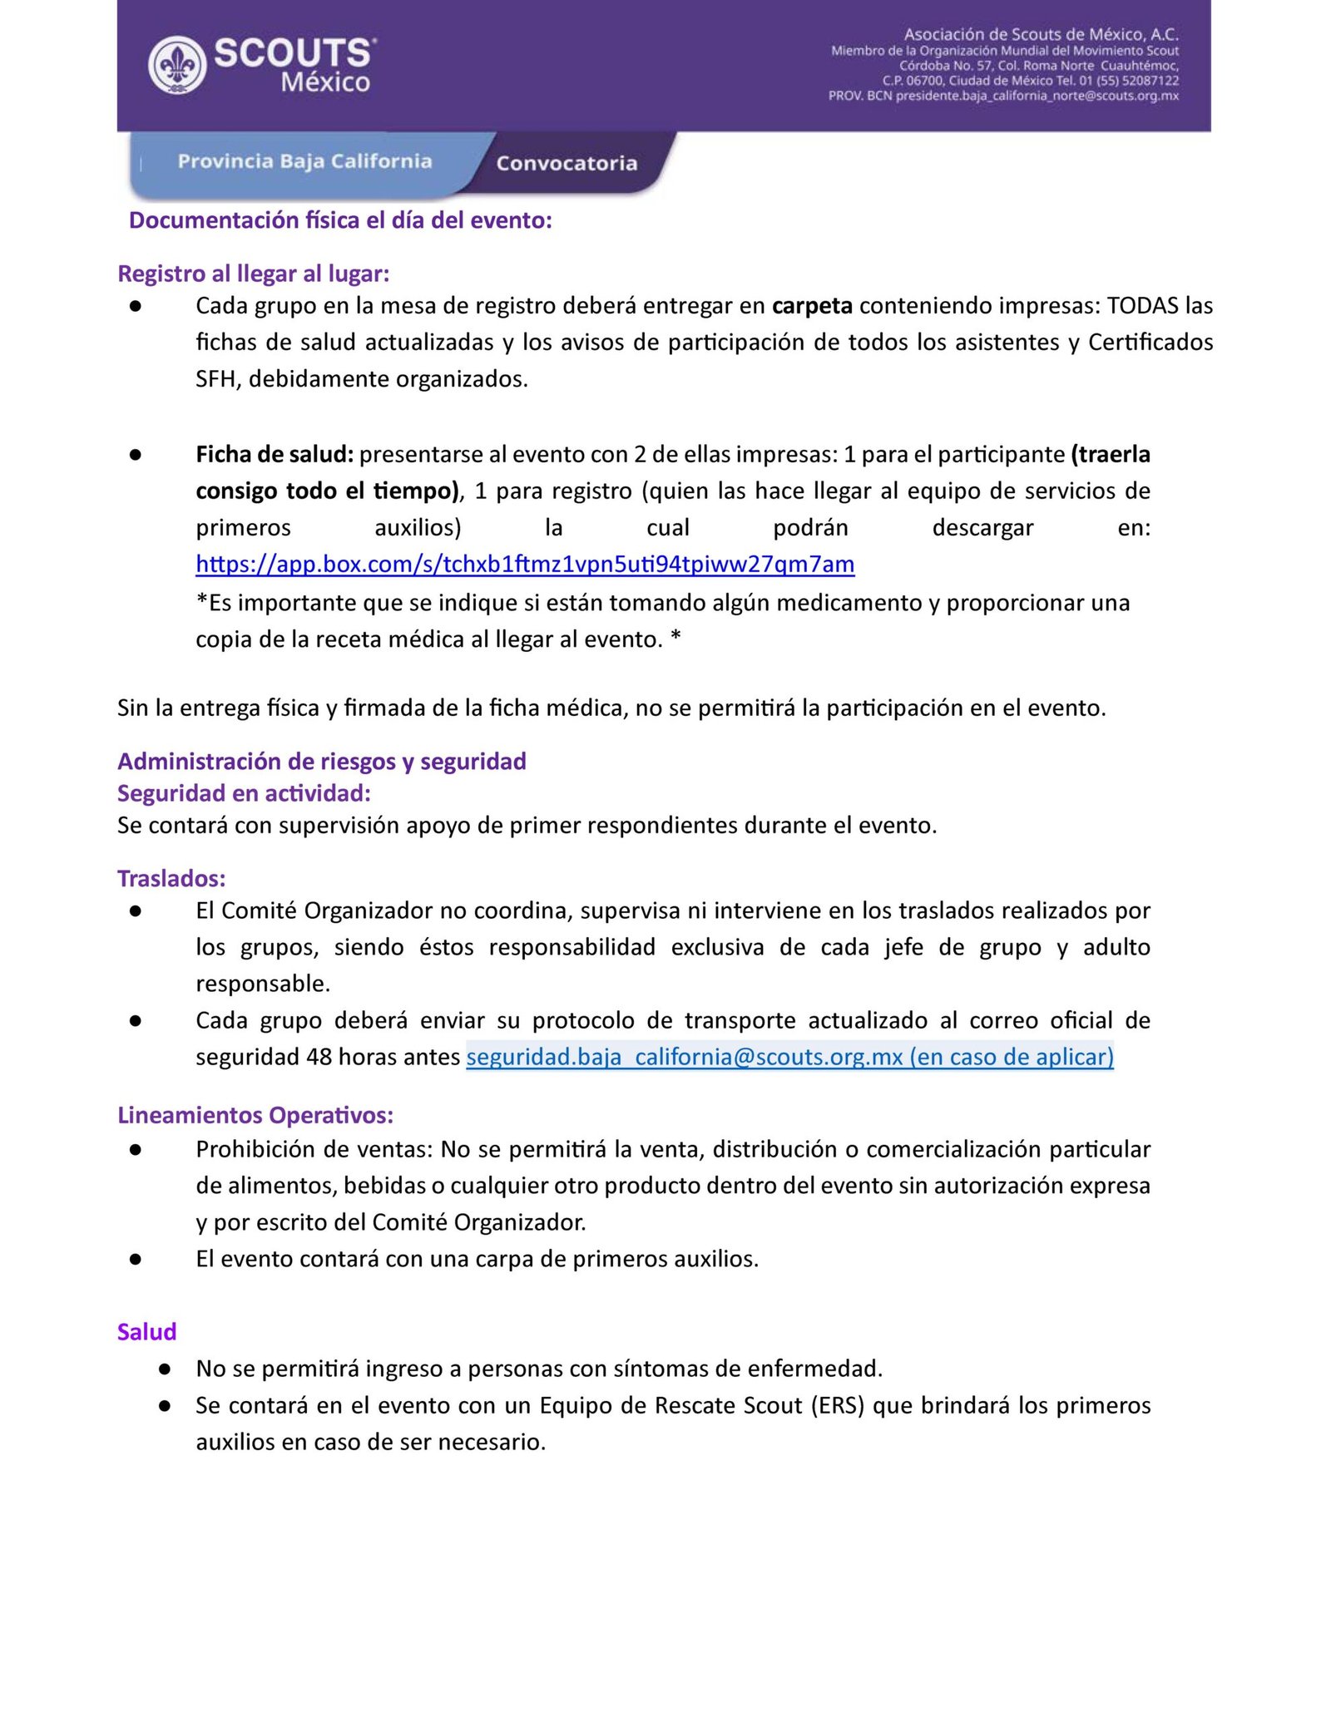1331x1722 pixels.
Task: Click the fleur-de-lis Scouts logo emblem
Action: coord(177,65)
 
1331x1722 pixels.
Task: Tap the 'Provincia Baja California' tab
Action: coord(304,161)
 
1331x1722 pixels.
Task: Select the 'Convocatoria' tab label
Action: coord(567,164)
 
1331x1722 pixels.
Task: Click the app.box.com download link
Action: coord(525,565)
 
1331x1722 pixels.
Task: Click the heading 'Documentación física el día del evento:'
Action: coord(340,220)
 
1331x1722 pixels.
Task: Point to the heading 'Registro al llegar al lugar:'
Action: coord(254,274)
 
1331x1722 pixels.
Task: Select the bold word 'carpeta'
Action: coord(812,306)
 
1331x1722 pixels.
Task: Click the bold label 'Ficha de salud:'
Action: coord(275,455)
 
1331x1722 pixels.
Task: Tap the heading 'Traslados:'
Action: coord(171,879)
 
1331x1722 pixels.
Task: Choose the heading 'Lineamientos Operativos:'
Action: coord(255,1115)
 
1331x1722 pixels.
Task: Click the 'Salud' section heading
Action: coord(147,1332)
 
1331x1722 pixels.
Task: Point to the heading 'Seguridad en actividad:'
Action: coord(244,793)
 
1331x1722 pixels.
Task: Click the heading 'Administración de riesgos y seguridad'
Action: coord(322,762)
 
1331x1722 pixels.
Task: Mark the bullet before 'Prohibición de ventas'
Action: coord(136,1149)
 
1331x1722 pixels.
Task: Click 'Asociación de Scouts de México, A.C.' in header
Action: coord(1041,34)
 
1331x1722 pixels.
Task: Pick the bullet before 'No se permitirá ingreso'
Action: coord(165,1369)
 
